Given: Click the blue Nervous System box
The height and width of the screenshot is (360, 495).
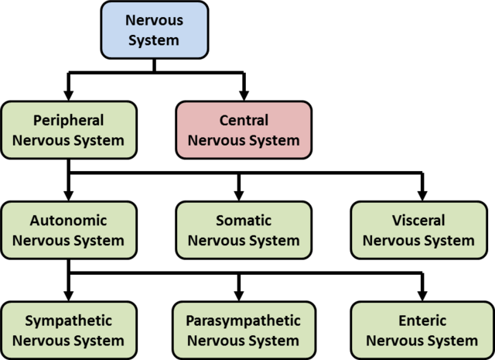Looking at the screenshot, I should (x=155, y=29).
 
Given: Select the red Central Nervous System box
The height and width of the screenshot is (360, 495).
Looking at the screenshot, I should (x=244, y=130).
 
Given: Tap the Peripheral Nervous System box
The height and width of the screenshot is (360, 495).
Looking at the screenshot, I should (x=68, y=130).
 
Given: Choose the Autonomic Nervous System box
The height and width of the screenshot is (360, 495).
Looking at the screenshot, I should (x=68, y=230).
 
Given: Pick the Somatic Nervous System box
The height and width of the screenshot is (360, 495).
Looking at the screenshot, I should (x=244, y=230).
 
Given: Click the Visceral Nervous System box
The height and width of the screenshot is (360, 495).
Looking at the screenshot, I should (x=418, y=230).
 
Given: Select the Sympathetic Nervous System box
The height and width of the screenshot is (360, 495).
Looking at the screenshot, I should (x=68, y=330).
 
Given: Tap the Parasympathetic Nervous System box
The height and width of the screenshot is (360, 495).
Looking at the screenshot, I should (x=244, y=330).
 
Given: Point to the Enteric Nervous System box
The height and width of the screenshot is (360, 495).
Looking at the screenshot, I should (x=418, y=330).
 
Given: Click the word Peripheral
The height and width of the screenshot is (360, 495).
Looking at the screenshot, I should (x=68, y=120).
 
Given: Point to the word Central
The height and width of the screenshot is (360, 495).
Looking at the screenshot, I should (x=244, y=120).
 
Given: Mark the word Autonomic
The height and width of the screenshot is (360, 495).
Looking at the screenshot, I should (x=68, y=220).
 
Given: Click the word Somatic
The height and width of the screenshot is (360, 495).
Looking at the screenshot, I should (x=244, y=220).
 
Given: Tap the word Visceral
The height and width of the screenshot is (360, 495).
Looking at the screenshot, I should (x=418, y=220).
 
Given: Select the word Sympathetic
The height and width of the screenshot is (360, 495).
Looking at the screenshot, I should (x=68, y=321).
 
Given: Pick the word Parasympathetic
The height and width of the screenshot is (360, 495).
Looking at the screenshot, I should (x=244, y=321).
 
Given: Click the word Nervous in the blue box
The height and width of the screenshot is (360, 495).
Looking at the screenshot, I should (x=155, y=19).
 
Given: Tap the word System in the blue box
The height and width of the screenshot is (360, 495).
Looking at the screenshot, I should (x=155, y=39).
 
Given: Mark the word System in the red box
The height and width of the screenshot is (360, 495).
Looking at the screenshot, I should (x=272, y=141).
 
